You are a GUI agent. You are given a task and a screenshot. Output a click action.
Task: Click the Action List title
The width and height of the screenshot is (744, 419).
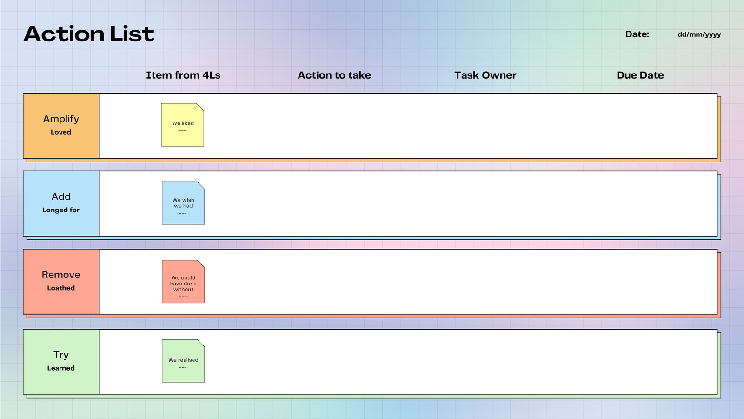[89, 34]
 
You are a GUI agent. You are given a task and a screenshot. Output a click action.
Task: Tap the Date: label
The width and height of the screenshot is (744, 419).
[637, 34]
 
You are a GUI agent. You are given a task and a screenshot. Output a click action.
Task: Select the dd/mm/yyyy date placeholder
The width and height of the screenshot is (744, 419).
[699, 34]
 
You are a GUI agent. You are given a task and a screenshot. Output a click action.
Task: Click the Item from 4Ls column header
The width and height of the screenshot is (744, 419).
[183, 75]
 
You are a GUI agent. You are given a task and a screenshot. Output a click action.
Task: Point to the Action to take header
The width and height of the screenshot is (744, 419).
[334, 75]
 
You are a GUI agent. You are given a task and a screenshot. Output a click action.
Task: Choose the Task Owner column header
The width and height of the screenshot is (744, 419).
[485, 75]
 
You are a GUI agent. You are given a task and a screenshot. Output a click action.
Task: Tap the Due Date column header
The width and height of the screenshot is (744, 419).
[640, 75]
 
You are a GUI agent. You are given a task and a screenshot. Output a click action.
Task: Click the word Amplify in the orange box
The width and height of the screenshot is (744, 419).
[61, 119]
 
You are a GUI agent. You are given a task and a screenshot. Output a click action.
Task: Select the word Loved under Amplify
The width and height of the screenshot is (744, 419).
[61, 132]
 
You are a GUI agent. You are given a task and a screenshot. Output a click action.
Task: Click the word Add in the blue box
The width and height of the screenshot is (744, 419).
[61, 196]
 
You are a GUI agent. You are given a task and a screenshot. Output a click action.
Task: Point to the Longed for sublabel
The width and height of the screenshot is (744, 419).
[61, 210]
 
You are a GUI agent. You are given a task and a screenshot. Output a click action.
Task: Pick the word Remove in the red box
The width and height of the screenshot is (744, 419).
[61, 275]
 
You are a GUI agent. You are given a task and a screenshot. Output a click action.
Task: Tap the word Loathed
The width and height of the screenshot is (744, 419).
[61, 288]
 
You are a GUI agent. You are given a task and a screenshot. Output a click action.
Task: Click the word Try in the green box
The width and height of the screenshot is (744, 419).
[61, 355]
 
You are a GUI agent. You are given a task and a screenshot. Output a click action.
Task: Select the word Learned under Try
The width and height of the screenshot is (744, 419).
[61, 368]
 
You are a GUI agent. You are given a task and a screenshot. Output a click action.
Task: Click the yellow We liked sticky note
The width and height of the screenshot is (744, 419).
[182, 125]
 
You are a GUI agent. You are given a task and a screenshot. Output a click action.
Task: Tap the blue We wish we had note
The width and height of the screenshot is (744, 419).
[183, 203]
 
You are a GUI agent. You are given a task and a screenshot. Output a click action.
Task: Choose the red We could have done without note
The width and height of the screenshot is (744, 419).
[183, 282]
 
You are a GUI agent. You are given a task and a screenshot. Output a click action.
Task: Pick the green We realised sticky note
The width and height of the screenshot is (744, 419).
[183, 361]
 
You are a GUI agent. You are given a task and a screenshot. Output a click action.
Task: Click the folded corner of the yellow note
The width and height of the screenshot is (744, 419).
[200, 107]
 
